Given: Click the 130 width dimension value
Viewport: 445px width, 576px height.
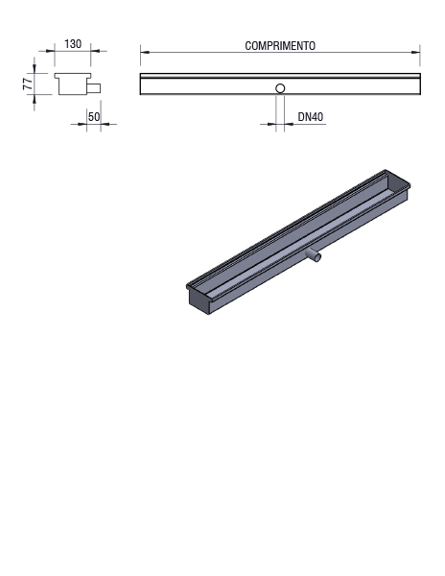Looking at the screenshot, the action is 73,44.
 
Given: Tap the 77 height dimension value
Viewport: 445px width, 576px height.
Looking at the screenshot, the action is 28,84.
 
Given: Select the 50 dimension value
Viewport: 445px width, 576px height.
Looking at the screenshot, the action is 94,117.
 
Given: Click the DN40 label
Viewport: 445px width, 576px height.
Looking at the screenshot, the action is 311,117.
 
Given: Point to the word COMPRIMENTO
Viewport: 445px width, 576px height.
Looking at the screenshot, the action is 280,46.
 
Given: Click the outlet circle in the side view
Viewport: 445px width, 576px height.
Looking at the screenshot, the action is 280,88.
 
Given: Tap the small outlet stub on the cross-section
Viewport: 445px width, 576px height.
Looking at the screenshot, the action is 94,88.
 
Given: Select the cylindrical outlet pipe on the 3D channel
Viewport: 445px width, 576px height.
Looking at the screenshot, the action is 314,254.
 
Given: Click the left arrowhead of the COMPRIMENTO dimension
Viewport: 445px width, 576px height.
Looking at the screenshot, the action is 145,53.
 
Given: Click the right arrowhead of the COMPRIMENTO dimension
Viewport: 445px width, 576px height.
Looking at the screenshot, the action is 415,53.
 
